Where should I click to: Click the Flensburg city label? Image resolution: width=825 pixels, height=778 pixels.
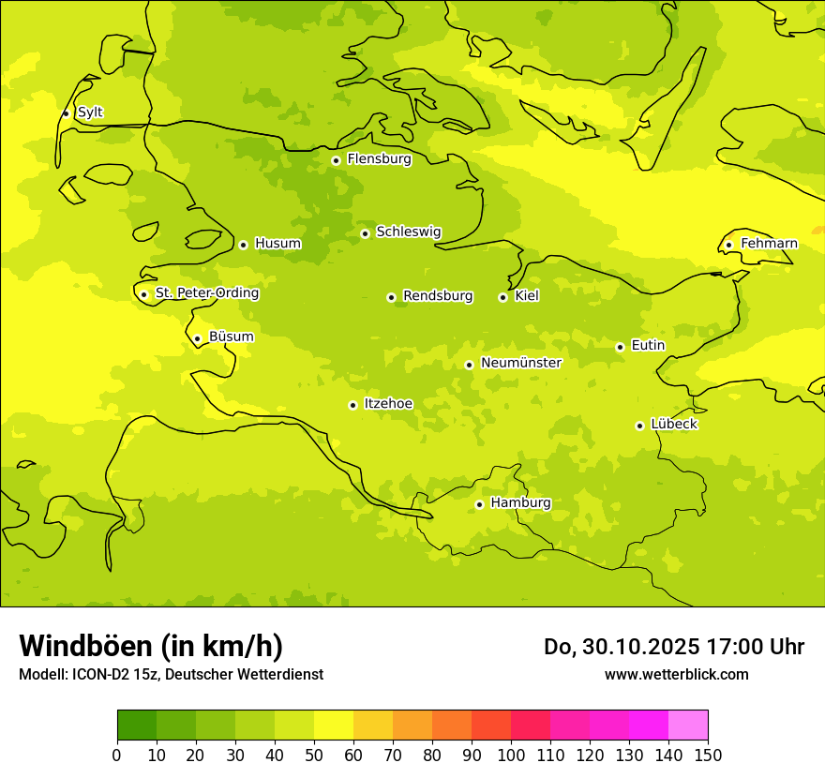click(379, 159)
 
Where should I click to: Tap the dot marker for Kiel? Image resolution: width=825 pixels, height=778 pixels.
click(502, 297)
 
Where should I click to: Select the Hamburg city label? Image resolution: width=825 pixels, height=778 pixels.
click(520, 503)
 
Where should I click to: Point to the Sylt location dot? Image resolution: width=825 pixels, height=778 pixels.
click(66, 113)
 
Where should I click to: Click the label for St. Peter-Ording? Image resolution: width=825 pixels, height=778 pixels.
click(206, 293)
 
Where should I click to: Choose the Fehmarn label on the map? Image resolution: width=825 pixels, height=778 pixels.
click(769, 244)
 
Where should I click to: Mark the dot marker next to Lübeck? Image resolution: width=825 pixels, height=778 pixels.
click(639, 426)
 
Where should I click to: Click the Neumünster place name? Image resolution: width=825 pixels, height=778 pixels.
click(520, 363)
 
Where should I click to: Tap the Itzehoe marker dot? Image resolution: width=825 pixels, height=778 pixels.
click(352, 405)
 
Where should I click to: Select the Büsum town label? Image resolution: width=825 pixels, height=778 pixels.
click(231, 337)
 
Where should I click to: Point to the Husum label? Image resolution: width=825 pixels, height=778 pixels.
click(277, 244)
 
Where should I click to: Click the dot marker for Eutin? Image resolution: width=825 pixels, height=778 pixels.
click(620, 347)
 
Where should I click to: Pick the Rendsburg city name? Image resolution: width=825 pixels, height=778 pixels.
click(438, 296)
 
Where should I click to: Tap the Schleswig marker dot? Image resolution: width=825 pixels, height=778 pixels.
click(365, 233)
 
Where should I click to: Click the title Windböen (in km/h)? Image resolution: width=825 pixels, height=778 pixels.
click(151, 646)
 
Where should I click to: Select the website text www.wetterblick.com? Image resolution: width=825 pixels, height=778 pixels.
click(676, 674)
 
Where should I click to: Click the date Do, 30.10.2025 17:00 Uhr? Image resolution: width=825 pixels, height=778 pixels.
click(673, 647)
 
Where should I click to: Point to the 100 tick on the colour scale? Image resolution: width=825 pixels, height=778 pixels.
click(511, 755)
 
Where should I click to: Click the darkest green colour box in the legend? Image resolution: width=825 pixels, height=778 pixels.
click(137, 726)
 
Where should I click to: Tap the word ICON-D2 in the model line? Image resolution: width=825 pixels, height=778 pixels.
click(98, 674)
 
